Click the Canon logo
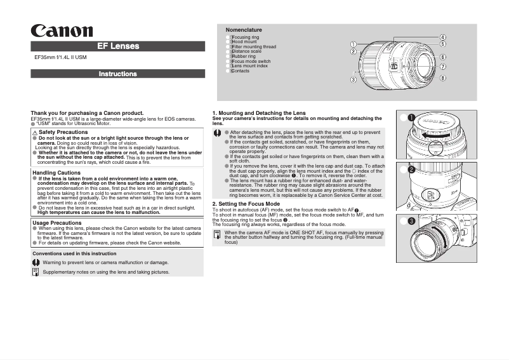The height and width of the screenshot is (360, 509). [63, 31]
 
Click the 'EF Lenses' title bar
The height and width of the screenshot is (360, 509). [118, 46]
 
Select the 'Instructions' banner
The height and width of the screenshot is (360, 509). [118, 74]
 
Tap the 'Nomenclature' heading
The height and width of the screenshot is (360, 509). [244, 30]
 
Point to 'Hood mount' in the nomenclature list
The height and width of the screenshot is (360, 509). [244, 42]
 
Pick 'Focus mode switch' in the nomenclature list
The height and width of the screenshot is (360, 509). [251, 61]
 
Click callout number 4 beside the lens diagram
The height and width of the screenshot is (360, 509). [442, 37]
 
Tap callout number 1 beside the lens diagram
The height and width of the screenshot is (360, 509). [353, 44]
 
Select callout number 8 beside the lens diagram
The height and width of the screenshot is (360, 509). [442, 77]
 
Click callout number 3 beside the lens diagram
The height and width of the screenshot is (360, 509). [353, 79]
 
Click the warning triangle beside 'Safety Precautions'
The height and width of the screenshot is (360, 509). [35, 132]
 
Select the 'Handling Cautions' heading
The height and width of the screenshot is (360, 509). [56, 173]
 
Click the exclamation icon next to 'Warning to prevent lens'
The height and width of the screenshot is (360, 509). [36, 262]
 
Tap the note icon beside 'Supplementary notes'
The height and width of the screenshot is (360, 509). [36, 272]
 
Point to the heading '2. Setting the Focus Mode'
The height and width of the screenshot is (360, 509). [246, 204]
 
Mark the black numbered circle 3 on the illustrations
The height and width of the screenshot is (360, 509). [411, 221]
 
